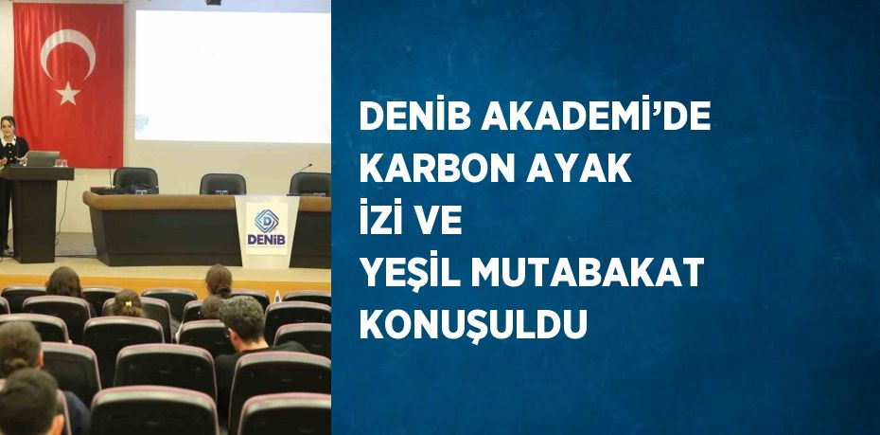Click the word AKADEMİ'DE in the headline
tap(596, 117)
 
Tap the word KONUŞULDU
tap(473, 325)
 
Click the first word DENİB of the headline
tap(415, 117)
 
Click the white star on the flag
tap(68, 93)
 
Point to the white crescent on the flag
tap(62, 50)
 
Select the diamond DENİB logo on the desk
tap(266, 221)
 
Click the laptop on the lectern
tap(42, 159)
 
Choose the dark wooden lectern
tap(37, 213)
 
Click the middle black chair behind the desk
tap(222, 184)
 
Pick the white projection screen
tap(233, 77)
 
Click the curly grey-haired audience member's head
tap(242, 318)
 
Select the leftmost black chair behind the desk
tap(136, 180)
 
